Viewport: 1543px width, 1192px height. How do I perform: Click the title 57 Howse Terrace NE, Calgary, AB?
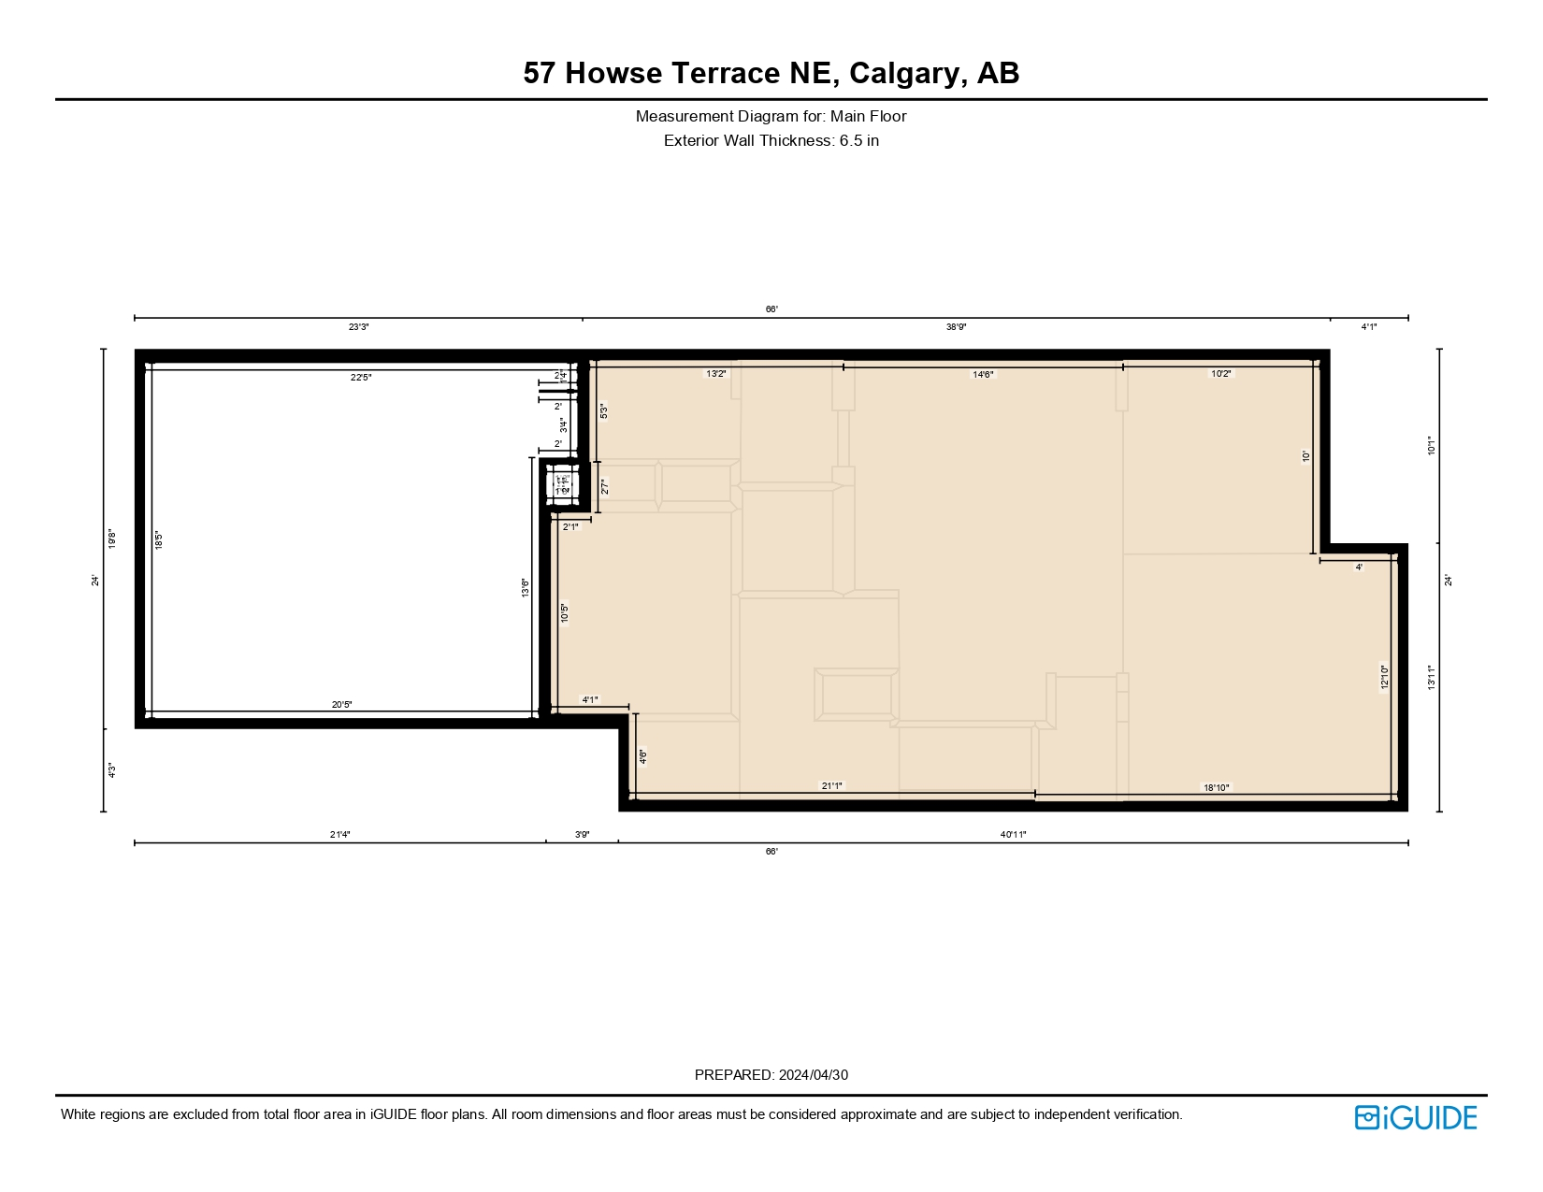coord(771,73)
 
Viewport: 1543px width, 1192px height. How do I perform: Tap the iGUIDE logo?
coord(1415,1117)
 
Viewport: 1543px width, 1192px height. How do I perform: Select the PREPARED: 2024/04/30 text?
coord(771,1075)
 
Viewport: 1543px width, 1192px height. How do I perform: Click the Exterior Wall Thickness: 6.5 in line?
coord(771,141)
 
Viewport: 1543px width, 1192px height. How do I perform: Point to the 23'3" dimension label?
coord(359,327)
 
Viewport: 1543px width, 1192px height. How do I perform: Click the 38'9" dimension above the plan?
coord(956,327)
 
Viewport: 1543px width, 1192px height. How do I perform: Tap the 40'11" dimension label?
coord(1013,834)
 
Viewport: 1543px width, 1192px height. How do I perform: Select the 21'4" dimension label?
coord(339,834)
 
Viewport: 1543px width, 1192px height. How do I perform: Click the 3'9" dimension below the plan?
coord(582,834)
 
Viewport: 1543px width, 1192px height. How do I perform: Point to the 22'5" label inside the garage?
coord(361,378)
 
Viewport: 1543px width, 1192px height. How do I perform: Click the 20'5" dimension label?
coord(341,705)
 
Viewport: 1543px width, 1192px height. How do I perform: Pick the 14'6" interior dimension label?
coord(983,374)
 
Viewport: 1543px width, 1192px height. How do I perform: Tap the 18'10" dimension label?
coord(1216,788)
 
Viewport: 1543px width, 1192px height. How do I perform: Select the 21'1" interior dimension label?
coord(831,786)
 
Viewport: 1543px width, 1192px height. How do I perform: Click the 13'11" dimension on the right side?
coord(1431,677)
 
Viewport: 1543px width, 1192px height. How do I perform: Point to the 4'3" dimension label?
coord(111,770)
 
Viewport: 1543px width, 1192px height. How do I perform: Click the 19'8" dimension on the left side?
coord(111,539)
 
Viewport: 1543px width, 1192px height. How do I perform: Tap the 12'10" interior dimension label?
coord(1384,676)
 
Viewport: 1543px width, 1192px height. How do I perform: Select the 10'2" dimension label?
coord(1221,373)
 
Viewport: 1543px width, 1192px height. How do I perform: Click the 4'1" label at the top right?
coord(1369,327)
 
